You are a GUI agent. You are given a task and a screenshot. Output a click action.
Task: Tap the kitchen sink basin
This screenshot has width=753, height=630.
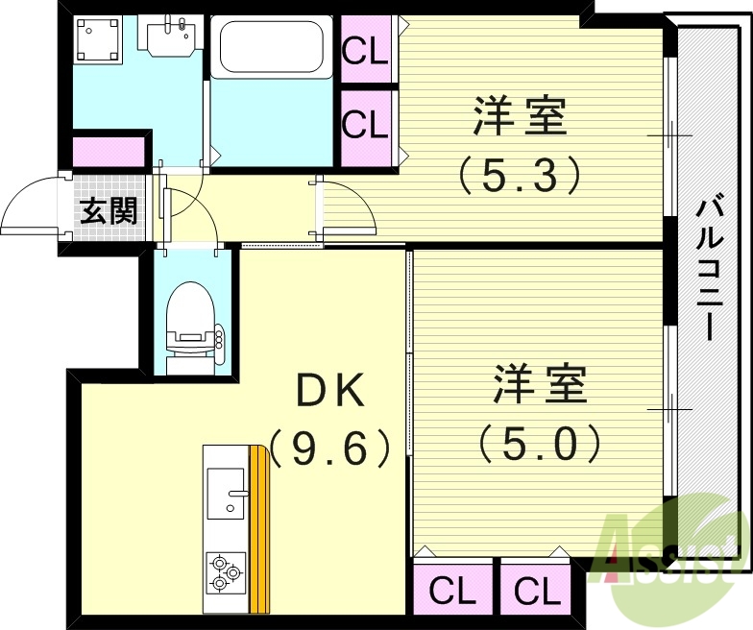(226, 496)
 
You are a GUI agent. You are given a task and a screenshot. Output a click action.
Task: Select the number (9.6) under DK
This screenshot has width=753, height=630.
(329, 447)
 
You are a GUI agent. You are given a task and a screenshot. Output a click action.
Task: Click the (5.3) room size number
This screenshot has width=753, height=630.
(520, 173)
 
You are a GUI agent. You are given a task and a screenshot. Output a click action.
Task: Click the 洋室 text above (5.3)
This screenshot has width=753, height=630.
(520, 116)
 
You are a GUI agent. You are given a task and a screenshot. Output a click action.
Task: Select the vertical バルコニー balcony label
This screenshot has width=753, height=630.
(711, 267)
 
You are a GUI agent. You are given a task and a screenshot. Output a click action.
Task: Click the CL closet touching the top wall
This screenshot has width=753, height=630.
(366, 50)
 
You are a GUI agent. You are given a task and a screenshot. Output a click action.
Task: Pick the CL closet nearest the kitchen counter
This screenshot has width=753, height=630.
(452, 590)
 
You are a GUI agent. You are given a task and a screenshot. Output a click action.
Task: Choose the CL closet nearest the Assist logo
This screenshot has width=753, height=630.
(536, 590)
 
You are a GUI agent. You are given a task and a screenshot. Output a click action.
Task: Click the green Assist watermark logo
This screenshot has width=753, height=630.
(672, 552)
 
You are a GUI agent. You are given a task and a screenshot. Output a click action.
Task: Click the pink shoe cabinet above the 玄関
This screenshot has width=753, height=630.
(109, 152)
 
